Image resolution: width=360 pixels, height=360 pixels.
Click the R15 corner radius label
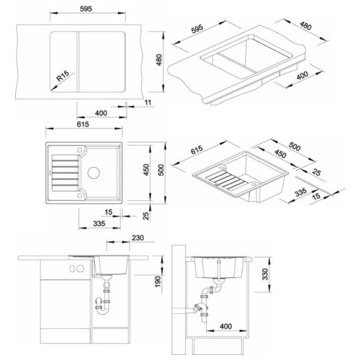click(x=63, y=76)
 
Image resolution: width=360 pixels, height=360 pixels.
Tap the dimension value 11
click(x=148, y=102)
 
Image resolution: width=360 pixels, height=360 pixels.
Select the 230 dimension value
click(x=138, y=238)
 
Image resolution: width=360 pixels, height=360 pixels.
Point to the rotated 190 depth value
click(x=158, y=282)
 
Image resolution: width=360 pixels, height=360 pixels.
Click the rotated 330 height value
click(x=265, y=274)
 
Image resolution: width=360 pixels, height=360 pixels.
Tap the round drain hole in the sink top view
click(x=94, y=173)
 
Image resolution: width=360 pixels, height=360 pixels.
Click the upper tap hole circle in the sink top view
click(x=80, y=150)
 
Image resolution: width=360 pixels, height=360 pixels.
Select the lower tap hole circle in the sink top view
click(x=80, y=195)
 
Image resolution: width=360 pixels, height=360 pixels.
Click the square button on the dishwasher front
click(x=72, y=269)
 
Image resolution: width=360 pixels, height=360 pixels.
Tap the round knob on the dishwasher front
click(x=81, y=269)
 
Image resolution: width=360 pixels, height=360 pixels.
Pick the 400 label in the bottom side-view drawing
click(x=226, y=326)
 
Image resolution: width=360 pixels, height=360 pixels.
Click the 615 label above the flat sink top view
click(x=83, y=125)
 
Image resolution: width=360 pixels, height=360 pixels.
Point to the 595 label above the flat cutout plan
click(x=86, y=9)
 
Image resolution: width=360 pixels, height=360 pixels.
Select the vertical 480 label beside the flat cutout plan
click(x=159, y=60)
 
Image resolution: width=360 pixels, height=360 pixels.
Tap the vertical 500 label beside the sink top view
click(x=161, y=170)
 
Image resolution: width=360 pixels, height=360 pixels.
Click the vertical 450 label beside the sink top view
click(x=146, y=170)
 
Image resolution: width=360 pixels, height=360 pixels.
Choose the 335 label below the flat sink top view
click(x=99, y=224)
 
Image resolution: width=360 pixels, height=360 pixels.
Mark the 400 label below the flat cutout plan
click(x=101, y=113)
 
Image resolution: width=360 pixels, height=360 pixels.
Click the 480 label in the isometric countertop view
click(x=305, y=27)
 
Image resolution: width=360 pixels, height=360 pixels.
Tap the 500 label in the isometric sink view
click(x=294, y=147)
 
